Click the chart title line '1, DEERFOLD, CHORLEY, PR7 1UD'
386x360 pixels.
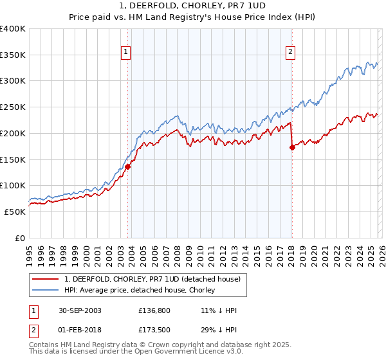click(x=192, y=6)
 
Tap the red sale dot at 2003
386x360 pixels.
click(x=128, y=166)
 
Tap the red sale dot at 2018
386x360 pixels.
click(x=292, y=147)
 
